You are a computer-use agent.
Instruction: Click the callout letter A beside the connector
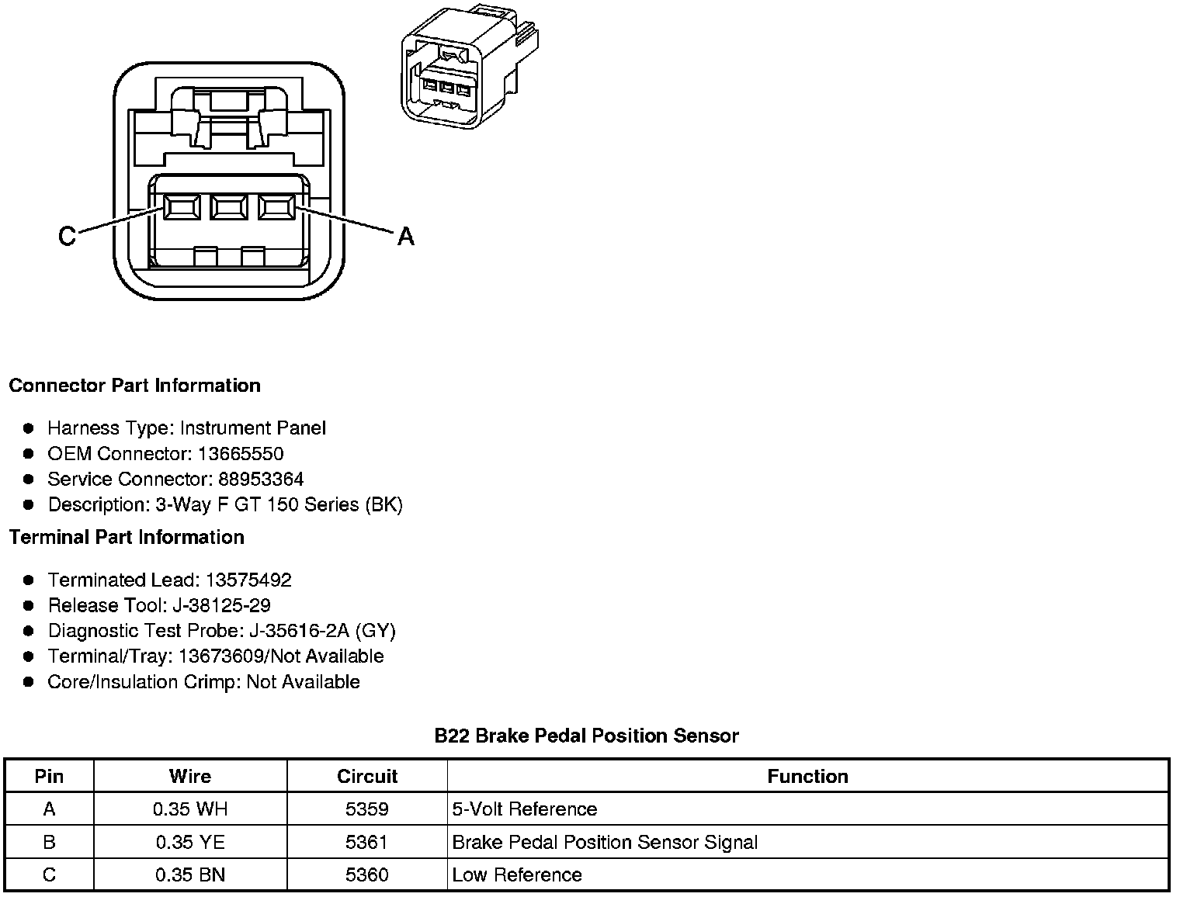pyautogui.click(x=405, y=236)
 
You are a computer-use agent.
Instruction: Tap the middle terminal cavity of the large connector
pyautogui.click(x=228, y=207)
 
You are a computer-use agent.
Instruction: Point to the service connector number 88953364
pyautogui.click(x=261, y=480)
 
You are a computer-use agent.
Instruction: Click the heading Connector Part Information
pyautogui.click(x=134, y=386)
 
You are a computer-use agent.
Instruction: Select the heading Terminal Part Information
pyautogui.click(x=127, y=537)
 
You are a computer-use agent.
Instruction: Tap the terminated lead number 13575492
pyautogui.click(x=248, y=580)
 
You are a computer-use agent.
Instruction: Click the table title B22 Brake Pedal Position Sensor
pyautogui.click(x=586, y=736)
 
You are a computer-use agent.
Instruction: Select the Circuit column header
pyautogui.click(x=367, y=777)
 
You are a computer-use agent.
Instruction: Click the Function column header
pyautogui.click(x=807, y=777)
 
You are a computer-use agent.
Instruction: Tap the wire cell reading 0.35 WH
pyautogui.click(x=190, y=809)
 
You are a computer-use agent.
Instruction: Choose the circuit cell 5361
pyautogui.click(x=367, y=842)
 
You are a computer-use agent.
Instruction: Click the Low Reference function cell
pyautogui.click(x=517, y=875)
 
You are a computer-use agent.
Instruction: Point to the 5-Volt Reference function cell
pyautogui.click(x=525, y=809)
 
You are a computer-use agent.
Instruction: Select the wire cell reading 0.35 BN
pyautogui.click(x=190, y=875)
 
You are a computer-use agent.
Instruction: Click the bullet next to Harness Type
pyautogui.click(x=29, y=428)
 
